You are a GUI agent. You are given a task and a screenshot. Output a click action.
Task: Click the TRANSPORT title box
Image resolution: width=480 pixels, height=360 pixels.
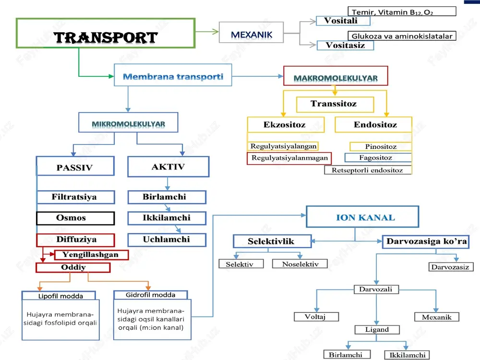pyautogui.click(x=106, y=33)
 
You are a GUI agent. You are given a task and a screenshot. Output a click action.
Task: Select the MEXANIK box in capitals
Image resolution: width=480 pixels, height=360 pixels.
pyautogui.click(x=252, y=32)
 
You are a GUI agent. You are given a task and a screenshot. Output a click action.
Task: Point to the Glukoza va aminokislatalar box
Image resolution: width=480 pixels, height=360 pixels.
pyautogui.click(x=402, y=36)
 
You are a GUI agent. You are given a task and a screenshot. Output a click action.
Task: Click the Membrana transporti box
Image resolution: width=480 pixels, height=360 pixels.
pyautogui.click(x=173, y=75)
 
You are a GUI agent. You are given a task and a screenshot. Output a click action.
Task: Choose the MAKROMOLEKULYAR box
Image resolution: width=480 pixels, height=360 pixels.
pyautogui.click(x=336, y=76)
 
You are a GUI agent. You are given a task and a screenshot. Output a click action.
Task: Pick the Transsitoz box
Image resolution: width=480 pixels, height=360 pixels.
pyautogui.click(x=335, y=104)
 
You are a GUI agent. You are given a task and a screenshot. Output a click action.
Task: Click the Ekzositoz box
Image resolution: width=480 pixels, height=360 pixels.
pyautogui.click(x=286, y=125)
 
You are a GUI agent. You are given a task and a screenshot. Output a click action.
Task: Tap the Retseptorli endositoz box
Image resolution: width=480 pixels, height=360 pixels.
pyautogui.click(x=368, y=170)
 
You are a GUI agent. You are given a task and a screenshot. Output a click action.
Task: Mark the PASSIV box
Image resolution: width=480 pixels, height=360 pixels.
pyautogui.click(x=75, y=166)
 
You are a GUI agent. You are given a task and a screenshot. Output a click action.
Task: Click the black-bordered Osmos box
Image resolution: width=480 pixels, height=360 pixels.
pyautogui.click(x=75, y=218)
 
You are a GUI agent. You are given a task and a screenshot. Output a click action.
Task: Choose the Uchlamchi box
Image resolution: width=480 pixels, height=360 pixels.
pyautogui.click(x=167, y=240)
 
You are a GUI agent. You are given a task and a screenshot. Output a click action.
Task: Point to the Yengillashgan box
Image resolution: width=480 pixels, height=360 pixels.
pyautogui.click(x=91, y=255)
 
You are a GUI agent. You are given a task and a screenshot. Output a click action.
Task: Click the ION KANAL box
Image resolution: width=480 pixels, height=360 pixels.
pyautogui.click(x=362, y=217)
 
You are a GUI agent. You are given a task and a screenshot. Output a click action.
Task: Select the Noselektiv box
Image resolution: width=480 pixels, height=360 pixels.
pyautogui.click(x=300, y=264)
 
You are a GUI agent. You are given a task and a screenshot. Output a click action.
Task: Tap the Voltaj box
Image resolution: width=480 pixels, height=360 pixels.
pyautogui.click(x=316, y=316)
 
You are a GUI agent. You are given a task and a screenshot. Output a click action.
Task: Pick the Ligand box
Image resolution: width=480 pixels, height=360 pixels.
pyautogui.click(x=377, y=329)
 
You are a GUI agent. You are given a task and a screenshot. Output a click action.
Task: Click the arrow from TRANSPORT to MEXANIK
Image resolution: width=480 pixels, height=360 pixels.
pyautogui.click(x=207, y=31)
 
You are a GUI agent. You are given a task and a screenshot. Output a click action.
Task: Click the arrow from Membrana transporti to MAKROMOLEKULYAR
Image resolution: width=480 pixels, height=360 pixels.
pyautogui.click(x=258, y=76)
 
